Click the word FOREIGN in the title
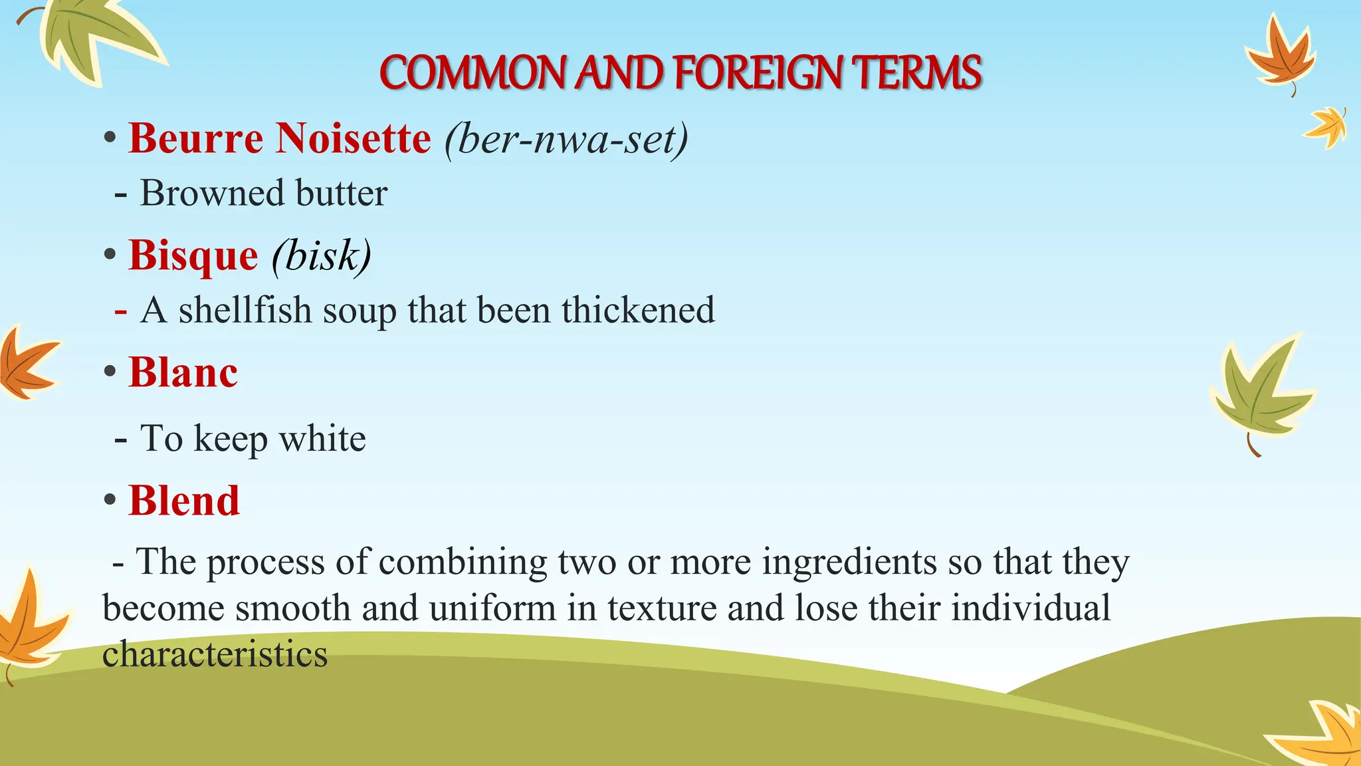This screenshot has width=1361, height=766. click(758, 72)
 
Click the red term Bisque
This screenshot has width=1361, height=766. click(193, 255)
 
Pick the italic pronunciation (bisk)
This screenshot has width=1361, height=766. click(322, 255)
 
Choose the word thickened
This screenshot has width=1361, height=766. click(638, 311)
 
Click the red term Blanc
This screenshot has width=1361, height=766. click(183, 372)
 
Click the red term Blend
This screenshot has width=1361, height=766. click(183, 501)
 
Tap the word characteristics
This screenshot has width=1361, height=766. click(215, 654)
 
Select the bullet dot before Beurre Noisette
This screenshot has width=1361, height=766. click(110, 139)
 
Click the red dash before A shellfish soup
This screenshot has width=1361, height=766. click(120, 311)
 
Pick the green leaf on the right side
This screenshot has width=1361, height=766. click(1259, 392)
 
